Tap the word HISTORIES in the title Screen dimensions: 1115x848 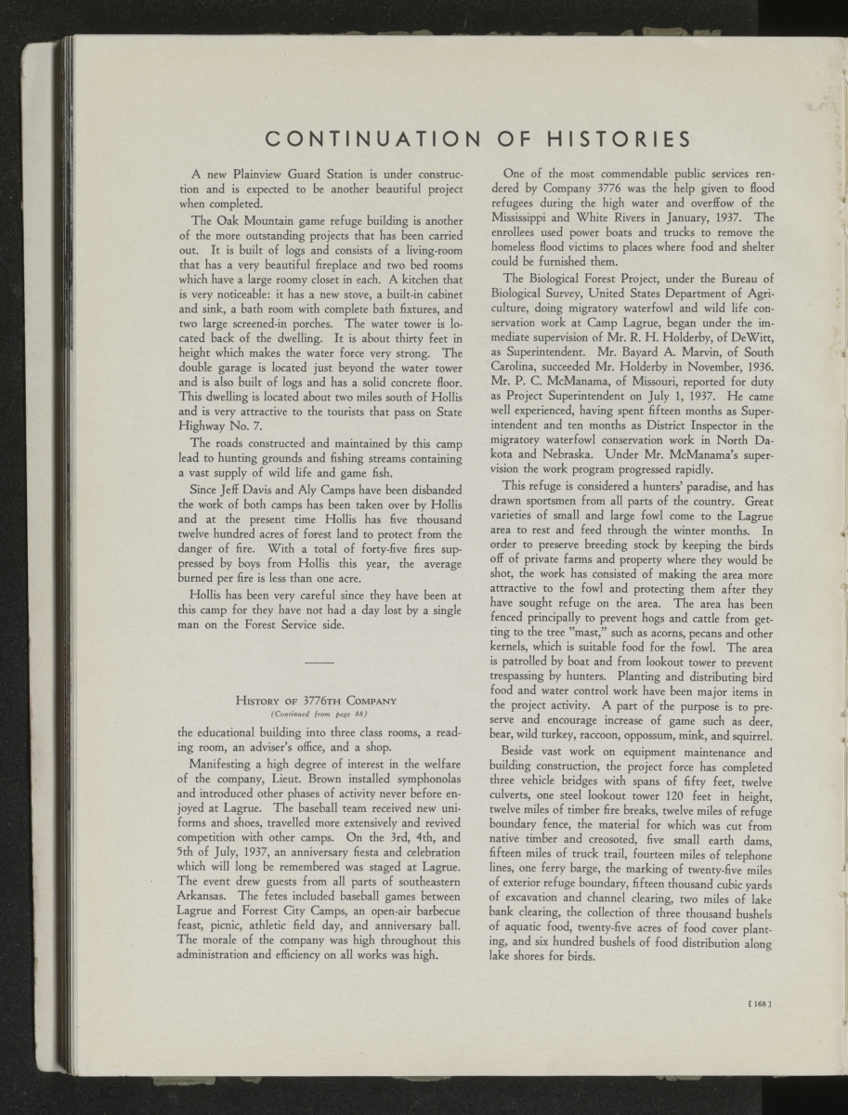(x=613, y=140)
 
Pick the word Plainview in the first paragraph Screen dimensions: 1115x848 (x=254, y=174)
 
